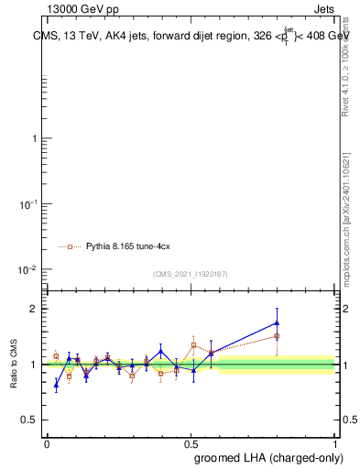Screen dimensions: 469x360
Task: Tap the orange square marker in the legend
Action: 70,246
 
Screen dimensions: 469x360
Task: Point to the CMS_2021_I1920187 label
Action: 190,274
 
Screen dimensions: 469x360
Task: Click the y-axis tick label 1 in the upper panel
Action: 34,138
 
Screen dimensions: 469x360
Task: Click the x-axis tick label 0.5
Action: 191,442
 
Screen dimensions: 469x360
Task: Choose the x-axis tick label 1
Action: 334,442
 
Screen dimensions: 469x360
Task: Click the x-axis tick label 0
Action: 46,442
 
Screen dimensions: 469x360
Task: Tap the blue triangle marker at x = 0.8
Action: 277,322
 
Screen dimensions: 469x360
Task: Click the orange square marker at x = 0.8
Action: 277,336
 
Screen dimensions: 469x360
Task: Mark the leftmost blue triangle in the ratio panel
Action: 56,385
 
